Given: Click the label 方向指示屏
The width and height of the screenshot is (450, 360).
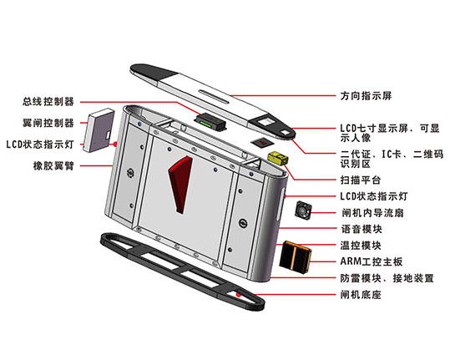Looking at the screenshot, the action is pos(366,96).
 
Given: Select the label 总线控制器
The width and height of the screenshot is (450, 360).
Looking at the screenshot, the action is pos(48,101).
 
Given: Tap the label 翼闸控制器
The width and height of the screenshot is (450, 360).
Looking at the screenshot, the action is pos(48,123).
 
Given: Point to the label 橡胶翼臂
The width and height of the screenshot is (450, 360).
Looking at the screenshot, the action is pos(53,166).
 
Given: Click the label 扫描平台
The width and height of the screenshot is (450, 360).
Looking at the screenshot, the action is pos(361,180).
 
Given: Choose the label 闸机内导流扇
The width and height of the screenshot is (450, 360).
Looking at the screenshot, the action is pos(372,213).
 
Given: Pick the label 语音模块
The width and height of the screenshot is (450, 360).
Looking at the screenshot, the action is pos(362,229).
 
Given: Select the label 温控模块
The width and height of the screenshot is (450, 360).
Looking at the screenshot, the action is pos(361,246).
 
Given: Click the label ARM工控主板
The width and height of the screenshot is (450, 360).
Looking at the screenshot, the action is pos(372,261).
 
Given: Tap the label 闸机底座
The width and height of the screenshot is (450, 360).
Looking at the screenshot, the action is pos(361,295).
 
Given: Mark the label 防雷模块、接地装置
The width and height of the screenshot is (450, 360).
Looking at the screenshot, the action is pos(387,278).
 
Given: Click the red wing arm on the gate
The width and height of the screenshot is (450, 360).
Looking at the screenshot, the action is pos(180,184).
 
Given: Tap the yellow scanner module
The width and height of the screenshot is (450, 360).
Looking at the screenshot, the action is pos(277,159).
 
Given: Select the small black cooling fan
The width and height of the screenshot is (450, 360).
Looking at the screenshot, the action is pos(303,210).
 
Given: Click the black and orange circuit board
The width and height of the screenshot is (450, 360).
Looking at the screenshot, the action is pos(296,257).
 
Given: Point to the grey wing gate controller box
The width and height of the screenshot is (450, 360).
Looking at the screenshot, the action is pos(99,130).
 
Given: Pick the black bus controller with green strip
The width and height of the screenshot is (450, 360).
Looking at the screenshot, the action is pos(210,122).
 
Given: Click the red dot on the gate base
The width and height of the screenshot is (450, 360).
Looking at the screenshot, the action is pos(238,295).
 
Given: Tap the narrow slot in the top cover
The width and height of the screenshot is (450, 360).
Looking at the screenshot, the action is pos(214,96).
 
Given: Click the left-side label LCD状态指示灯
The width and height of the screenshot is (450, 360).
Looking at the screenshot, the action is pos(40,145).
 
